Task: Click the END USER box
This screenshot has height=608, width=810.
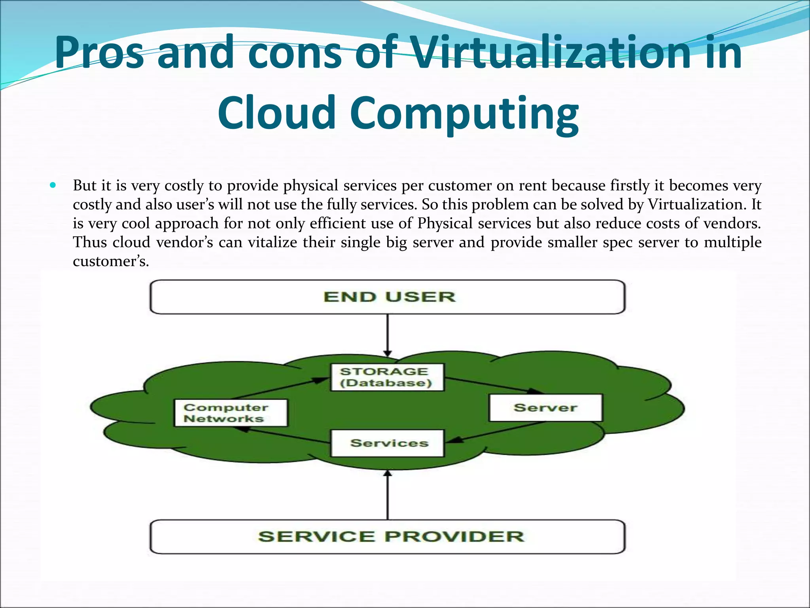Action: point(388,297)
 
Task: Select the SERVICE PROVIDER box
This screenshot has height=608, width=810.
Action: point(388,537)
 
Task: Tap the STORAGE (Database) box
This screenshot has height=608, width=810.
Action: point(387,377)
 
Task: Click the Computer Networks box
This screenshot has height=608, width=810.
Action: point(231,413)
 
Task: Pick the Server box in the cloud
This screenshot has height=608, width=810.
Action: point(546,408)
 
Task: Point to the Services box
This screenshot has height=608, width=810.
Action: point(388,443)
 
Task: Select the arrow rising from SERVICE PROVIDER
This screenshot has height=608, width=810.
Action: point(388,495)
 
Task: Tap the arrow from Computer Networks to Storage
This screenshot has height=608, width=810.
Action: point(281,388)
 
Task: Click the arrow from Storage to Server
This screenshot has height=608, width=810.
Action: point(494,386)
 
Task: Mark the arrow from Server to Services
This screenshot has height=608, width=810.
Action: point(498,432)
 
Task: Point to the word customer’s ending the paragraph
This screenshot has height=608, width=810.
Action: point(111,261)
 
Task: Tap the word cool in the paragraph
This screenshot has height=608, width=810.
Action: point(136,223)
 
